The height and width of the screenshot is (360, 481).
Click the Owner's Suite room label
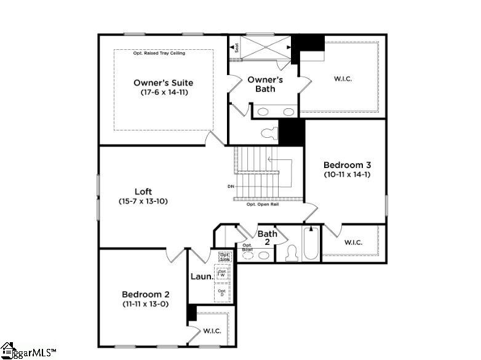pos(163,82)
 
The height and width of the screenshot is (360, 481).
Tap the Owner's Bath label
pos(265,84)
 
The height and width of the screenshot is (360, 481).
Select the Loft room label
pos(143,191)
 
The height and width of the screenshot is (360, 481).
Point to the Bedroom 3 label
pos(347,165)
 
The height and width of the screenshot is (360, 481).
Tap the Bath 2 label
pos(267,238)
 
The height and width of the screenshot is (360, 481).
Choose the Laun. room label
pos(201,277)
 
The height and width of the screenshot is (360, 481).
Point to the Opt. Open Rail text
pos(263,204)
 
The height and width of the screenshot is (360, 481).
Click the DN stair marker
pos(231,186)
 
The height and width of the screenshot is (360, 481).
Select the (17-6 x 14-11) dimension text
pos(163,92)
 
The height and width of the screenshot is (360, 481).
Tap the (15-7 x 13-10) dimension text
pos(143,201)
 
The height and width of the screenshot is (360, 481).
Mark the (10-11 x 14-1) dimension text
pos(347,175)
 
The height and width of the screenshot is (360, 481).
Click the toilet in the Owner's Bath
pos(269,132)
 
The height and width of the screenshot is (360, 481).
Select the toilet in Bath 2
pos(292,254)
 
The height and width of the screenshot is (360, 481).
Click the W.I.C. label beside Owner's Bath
pos(343,79)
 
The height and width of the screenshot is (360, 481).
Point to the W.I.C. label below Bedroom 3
pos(353,242)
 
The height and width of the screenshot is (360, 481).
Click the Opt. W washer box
pos(222,273)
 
